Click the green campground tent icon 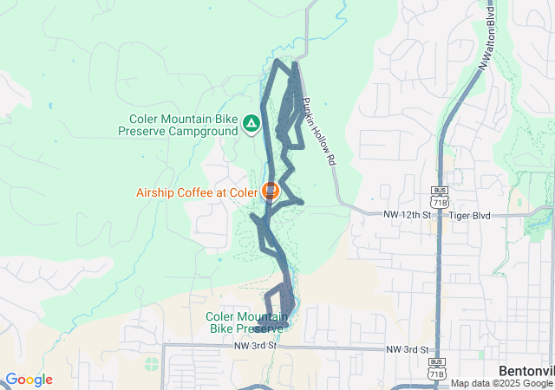(251, 125)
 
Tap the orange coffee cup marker (271, 190)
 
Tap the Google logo (29, 380)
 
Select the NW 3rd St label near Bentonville (408, 348)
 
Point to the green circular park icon (153, 362)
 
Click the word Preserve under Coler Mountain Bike (257, 328)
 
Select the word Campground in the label (206, 131)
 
